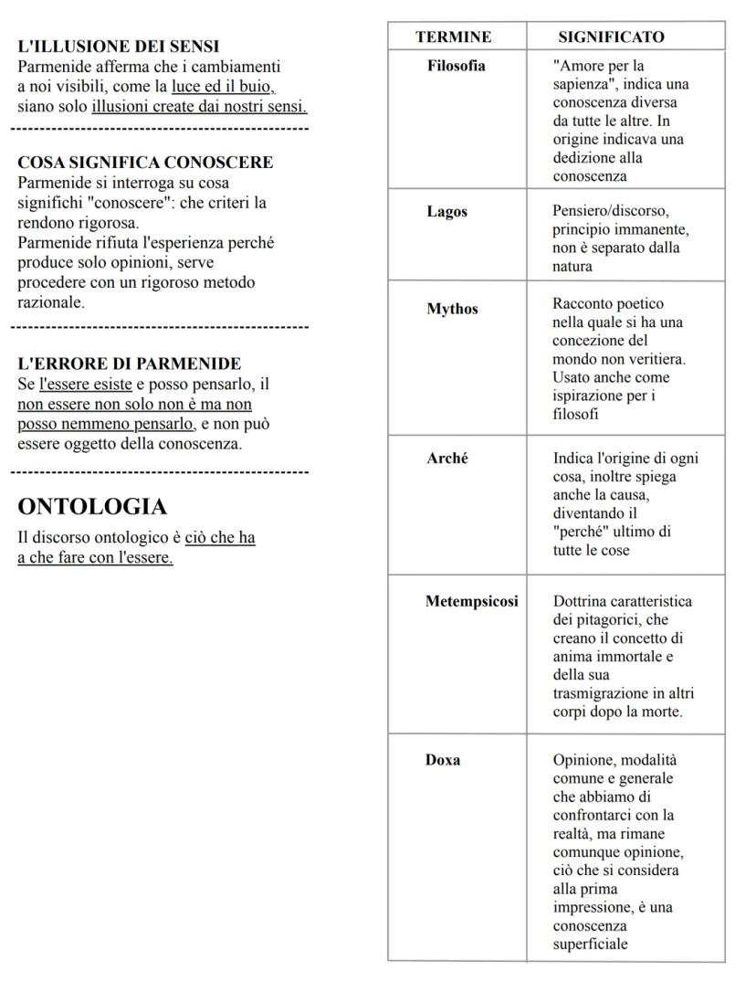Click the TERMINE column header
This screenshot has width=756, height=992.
coord(453,37)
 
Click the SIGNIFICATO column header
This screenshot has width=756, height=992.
coord(611,37)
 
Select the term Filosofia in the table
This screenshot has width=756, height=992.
coord(457,66)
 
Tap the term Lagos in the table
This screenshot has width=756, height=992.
coord(447,212)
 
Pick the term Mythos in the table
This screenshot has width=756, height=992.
coord(452,309)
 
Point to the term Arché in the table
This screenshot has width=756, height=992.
coord(446,459)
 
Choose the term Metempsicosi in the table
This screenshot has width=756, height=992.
coord(472,601)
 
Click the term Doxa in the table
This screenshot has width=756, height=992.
coord(443,761)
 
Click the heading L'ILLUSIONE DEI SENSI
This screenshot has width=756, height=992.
coord(119,46)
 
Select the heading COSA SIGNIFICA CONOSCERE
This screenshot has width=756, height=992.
coord(145,163)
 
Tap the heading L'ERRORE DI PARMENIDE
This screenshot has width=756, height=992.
coord(130,364)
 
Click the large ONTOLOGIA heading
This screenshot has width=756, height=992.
coord(92,507)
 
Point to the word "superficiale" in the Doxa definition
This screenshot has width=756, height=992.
coord(590,945)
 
